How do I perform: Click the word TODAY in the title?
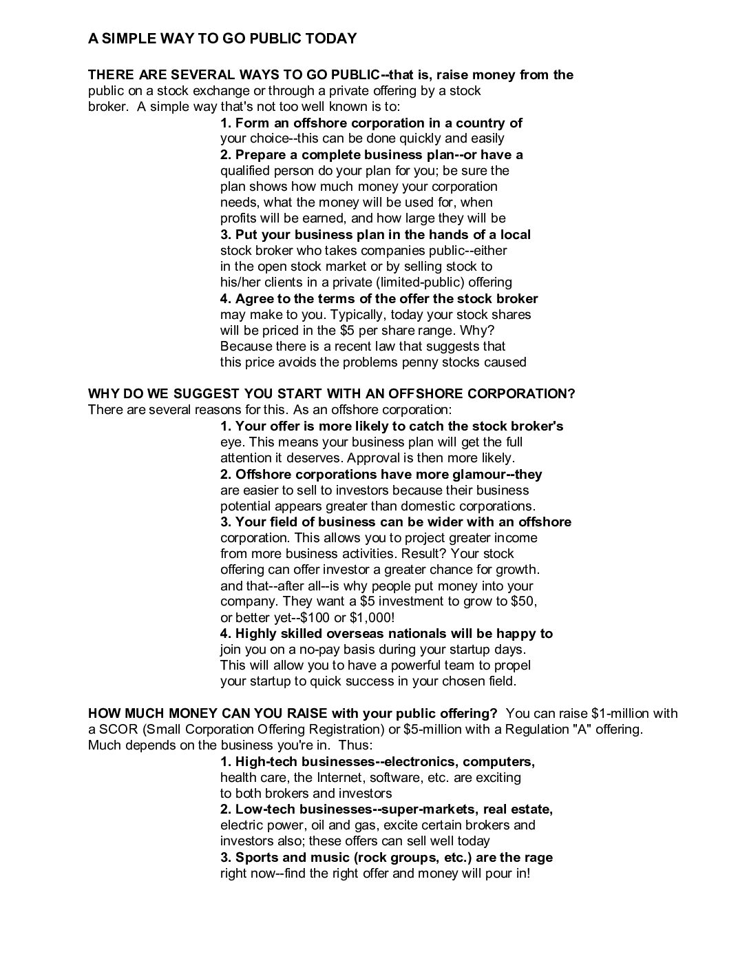330,39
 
